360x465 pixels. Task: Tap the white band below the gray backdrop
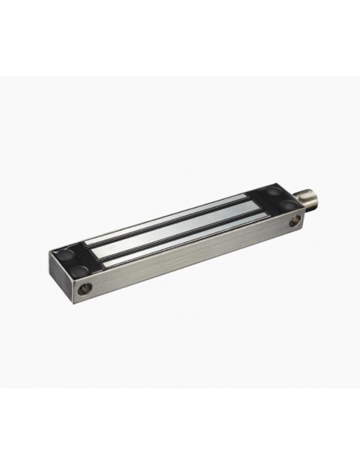tap(180, 426)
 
